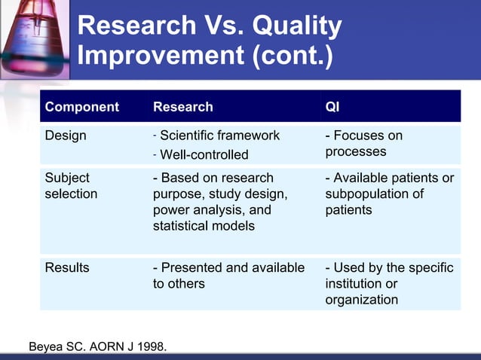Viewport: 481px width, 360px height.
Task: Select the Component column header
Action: pos(81,107)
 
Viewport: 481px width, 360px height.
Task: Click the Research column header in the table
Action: pos(182,107)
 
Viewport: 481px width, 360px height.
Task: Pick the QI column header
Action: pos(332,107)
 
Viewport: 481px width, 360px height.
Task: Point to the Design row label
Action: pos(66,136)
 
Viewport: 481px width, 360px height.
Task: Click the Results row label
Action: pos(67,267)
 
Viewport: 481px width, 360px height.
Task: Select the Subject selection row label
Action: pos(71,186)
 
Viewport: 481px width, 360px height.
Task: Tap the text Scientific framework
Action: pos(219,136)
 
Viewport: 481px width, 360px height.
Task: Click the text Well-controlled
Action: pos(204,154)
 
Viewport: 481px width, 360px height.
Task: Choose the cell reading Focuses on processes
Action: pos(363,144)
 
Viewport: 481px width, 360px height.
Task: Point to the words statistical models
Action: pos(204,226)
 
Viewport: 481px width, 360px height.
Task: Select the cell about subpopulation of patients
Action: pos(389,194)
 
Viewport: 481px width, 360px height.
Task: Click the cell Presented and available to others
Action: pos(228,276)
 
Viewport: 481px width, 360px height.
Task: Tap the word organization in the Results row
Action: pos(361,300)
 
